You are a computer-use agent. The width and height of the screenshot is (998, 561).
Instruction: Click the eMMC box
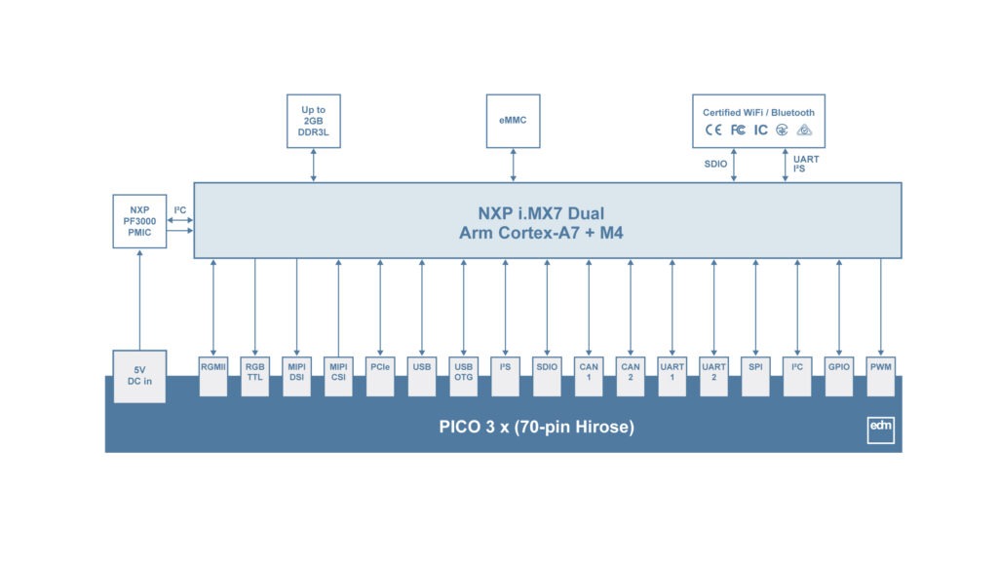point(513,121)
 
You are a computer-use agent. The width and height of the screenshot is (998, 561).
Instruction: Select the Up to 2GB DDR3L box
point(314,121)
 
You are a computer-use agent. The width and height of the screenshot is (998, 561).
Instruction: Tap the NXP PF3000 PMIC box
point(139,221)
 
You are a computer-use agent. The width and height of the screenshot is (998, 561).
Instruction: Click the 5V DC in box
point(139,376)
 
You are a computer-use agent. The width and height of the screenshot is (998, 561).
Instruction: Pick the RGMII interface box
point(212,374)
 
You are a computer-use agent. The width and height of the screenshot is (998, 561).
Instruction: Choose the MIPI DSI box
point(296,374)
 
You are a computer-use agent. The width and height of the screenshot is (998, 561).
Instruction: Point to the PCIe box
point(380,374)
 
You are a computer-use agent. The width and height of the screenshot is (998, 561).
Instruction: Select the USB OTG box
point(463,374)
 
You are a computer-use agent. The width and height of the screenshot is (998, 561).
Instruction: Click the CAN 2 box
point(631,374)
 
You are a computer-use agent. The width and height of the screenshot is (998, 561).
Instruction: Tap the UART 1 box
point(672,374)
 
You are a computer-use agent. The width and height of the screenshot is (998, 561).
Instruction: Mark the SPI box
point(755,374)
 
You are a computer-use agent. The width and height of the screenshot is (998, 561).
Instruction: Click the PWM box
point(881,374)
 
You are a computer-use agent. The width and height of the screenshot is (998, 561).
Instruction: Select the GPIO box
point(839,374)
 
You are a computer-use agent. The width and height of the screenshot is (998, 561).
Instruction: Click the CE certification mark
point(713,131)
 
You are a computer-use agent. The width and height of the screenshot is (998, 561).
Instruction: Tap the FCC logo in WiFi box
point(738,131)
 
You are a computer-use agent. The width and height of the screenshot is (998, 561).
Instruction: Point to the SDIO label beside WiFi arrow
point(715,165)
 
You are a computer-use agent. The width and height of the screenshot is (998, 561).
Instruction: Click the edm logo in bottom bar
point(880,430)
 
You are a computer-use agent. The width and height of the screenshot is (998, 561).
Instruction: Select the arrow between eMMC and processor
point(513,165)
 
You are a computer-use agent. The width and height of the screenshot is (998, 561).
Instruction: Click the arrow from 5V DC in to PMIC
point(139,298)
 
